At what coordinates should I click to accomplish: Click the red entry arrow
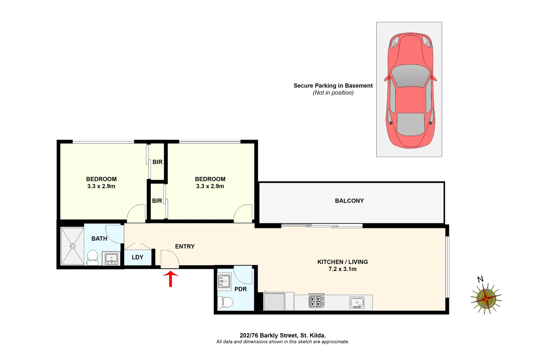click(x=171, y=278)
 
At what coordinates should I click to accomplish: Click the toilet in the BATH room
click(x=92, y=257)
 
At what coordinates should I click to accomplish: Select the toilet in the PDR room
click(x=225, y=302)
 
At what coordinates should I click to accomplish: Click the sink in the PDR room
click(x=224, y=281)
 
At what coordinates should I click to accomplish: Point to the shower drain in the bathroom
click(x=72, y=246)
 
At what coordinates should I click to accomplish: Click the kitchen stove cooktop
click(x=316, y=301)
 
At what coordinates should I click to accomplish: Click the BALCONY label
click(x=349, y=201)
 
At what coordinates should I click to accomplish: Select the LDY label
click(x=137, y=257)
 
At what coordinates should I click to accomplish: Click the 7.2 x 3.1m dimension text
click(x=342, y=269)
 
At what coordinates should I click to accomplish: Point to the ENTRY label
click(x=185, y=246)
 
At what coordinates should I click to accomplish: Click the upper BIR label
click(x=157, y=162)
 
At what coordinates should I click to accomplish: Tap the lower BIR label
click(x=157, y=201)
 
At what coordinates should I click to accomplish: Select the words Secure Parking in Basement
click(x=333, y=86)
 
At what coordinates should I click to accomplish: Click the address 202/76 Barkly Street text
click(x=282, y=335)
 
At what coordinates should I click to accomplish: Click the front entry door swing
click(x=169, y=258)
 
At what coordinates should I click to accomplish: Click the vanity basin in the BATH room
click(x=111, y=258)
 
